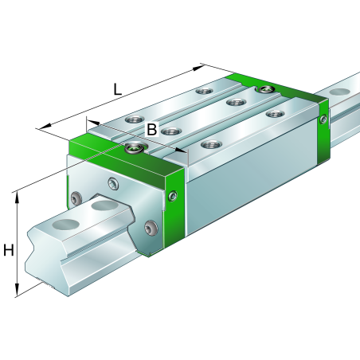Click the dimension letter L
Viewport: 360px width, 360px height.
tap(117, 90)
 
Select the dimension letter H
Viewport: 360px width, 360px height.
tap(9, 251)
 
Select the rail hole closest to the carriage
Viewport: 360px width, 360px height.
tap(103, 206)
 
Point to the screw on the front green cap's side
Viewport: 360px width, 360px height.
tap(174, 194)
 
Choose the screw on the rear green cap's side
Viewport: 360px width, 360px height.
tap(323, 120)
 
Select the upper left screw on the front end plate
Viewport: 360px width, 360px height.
tap(76, 198)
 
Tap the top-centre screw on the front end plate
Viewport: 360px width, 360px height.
tap(115, 185)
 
